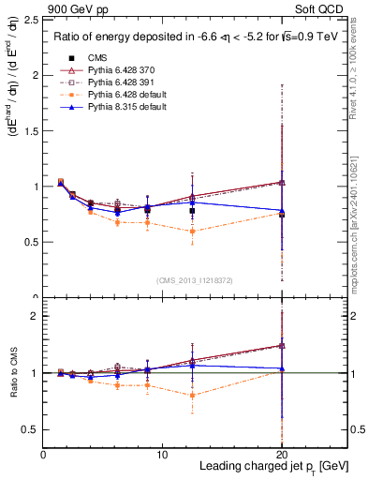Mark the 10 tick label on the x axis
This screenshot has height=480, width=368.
162,454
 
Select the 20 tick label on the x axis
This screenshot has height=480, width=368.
282,454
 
